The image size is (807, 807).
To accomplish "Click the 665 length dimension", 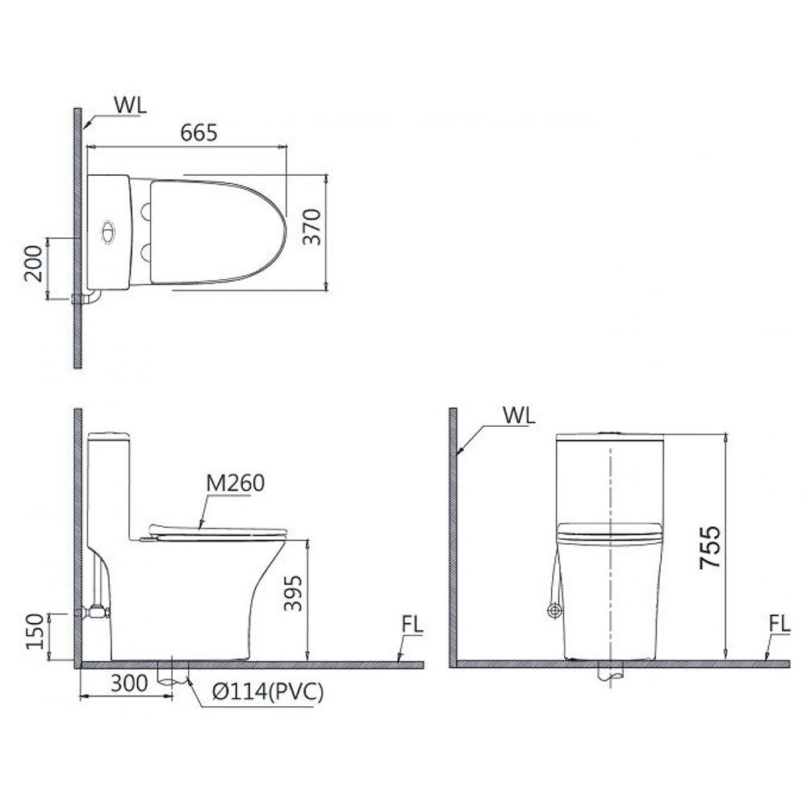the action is coord(199,133).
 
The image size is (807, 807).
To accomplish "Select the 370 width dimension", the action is coord(312,227).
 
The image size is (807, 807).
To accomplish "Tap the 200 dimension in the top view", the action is coord(33,263).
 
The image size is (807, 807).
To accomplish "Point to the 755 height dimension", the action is coord(710,546).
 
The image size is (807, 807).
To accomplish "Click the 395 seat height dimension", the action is coord(294,593).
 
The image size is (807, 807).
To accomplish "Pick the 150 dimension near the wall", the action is coord(35,632).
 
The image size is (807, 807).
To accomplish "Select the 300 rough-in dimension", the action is coord(129,684).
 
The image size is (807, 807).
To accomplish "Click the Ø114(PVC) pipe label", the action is coord(268,692).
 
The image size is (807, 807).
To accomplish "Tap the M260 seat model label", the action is coord(235,483).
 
